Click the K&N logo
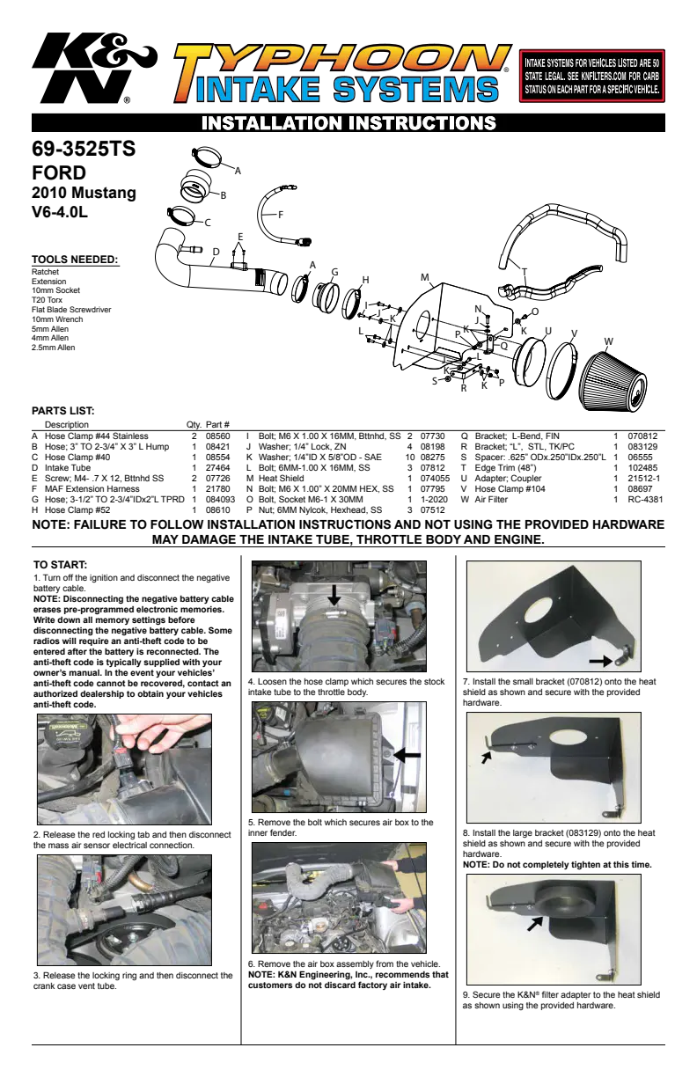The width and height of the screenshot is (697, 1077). tap(94, 68)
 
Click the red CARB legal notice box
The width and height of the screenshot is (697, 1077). tap(591, 76)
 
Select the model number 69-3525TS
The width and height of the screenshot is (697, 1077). tap(84, 149)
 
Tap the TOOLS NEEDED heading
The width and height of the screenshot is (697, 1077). tap(75, 260)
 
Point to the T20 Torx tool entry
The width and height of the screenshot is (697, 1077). tap(48, 300)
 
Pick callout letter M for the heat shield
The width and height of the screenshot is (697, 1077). tap(424, 277)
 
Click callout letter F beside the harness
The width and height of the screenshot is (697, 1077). tap(281, 215)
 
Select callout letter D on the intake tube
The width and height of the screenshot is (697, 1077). tap(216, 252)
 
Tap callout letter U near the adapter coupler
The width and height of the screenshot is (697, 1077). tap(547, 331)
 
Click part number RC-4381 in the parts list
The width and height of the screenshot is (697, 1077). tap(645, 499)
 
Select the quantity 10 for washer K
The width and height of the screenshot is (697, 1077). tap(410, 457)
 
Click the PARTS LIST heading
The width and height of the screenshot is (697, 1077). tap(63, 411)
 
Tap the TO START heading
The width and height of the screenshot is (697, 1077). tap(60, 565)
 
